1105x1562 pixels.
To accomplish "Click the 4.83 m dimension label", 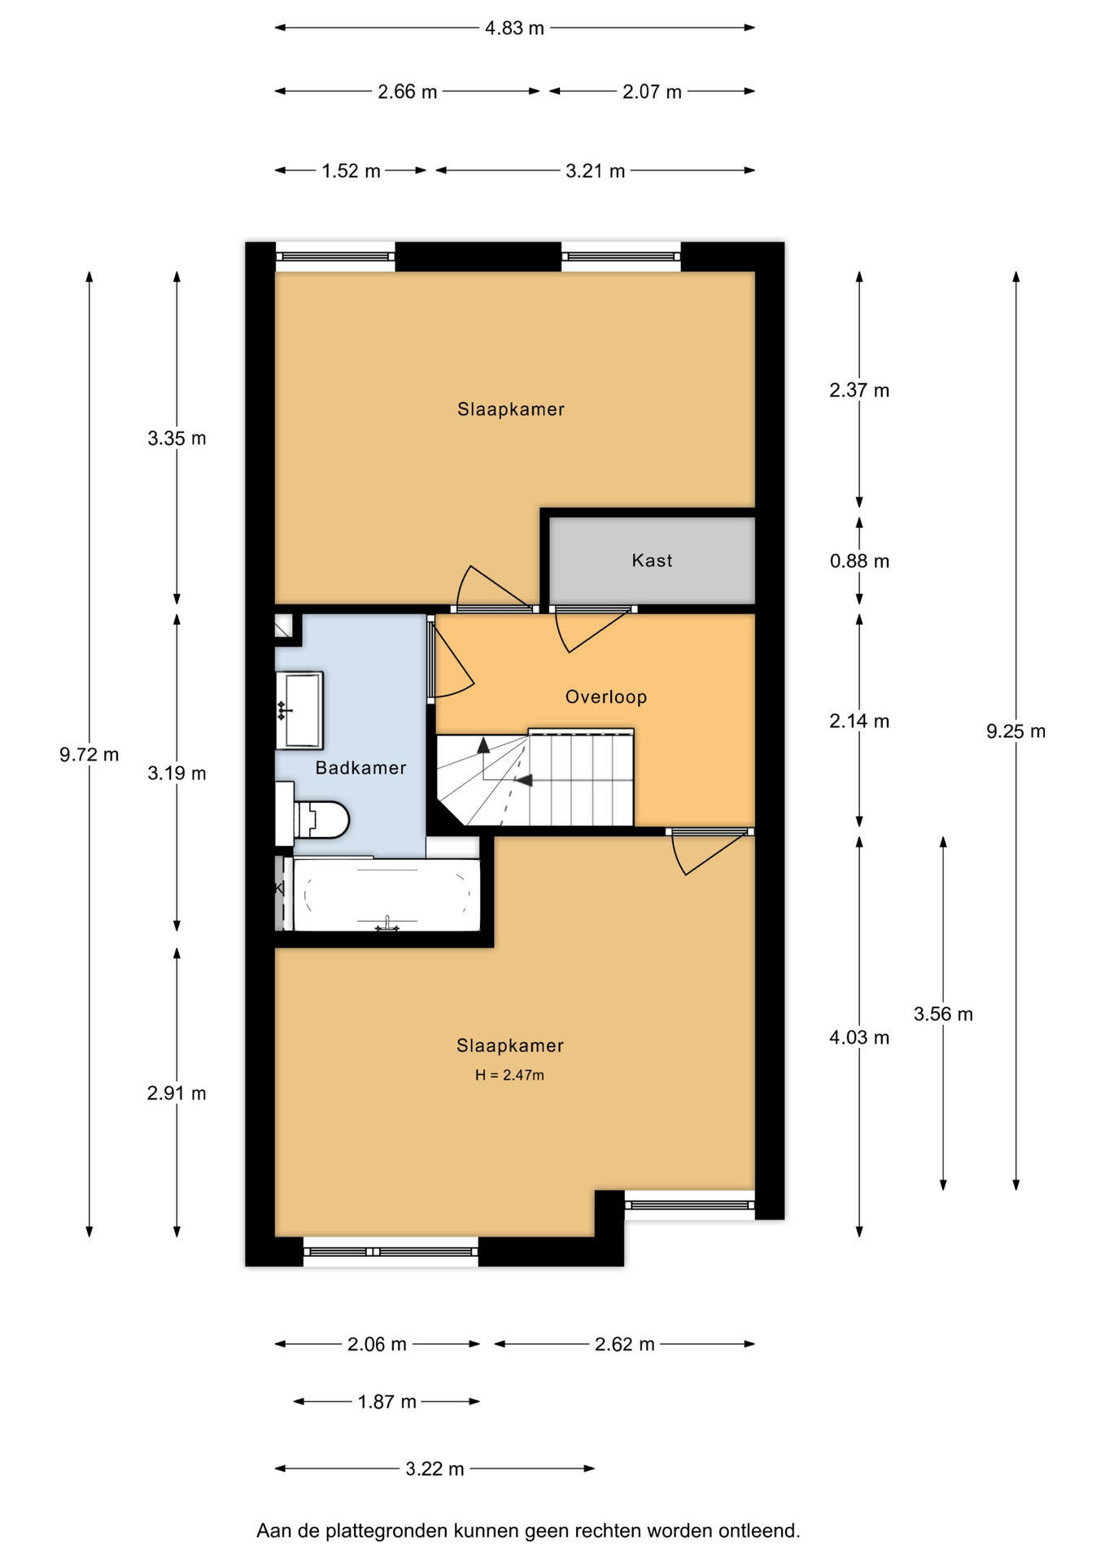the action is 514,28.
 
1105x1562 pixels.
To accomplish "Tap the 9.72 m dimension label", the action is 89,755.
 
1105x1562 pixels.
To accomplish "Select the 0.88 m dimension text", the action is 859,561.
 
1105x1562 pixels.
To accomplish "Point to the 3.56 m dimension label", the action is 943,1014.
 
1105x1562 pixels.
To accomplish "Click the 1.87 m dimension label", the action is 387,1402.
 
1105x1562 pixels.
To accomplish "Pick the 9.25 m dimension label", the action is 1015,731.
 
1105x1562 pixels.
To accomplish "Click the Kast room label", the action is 652,561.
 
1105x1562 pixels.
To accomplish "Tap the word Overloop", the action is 606,697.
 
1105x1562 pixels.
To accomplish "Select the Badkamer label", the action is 360,768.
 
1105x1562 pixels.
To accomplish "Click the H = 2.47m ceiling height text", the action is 509,1075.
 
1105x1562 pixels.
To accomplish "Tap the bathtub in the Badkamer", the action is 386,894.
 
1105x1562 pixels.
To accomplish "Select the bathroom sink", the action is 299,710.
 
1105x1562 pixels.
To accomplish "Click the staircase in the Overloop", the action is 535,777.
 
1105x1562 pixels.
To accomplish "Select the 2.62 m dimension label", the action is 624,1344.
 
